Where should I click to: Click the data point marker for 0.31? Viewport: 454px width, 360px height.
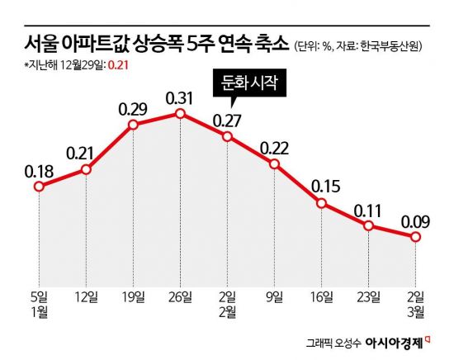(180, 114)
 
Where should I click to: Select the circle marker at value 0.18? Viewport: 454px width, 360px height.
(39, 187)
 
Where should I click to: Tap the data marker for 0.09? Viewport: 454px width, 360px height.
(415, 237)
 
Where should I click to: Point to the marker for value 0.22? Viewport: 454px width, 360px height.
(274, 164)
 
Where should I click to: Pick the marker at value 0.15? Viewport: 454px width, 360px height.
(321, 203)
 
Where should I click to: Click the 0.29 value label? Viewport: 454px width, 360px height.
(133, 110)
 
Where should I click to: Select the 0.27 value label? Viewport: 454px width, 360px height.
(227, 121)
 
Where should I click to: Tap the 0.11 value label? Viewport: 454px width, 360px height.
(367, 211)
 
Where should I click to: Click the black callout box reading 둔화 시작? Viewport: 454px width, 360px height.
(249, 83)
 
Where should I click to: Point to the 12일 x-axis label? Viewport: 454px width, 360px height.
(86, 297)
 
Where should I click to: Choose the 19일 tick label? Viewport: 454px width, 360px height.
(133, 297)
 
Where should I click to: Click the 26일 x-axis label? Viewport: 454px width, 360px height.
(180, 297)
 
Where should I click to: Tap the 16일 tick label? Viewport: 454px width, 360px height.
(321, 297)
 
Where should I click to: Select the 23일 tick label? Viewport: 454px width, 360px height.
(368, 297)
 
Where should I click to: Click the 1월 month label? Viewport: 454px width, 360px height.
(40, 312)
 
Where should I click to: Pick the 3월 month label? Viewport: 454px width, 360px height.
(415, 312)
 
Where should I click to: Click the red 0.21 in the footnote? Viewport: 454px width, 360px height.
(118, 65)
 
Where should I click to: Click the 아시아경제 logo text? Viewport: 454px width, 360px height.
(394, 343)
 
